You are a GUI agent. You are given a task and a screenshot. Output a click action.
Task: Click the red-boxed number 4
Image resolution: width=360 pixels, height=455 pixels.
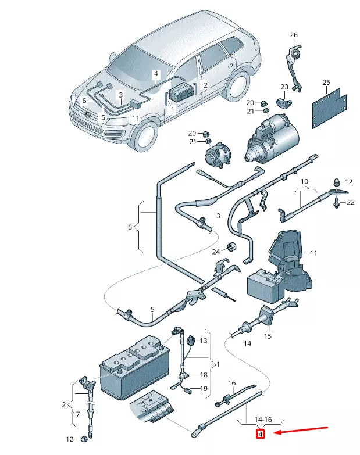pyautogui.click(x=260, y=433)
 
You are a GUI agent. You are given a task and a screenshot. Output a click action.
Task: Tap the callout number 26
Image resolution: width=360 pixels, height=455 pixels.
pyautogui.click(x=293, y=35)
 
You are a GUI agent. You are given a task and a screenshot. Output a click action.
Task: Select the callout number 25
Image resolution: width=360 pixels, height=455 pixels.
pyautogui.click(x=326, y=83)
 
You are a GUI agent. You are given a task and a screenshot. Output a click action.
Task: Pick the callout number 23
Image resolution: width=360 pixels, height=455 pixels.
pyautogui.click(x=284, y=87)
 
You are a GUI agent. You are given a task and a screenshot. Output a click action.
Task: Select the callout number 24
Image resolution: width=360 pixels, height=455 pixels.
pyautogui.click(x=216, y=252)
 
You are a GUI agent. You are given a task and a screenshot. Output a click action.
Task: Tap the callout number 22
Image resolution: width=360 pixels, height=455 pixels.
pyautogui.click(x=350, y=202)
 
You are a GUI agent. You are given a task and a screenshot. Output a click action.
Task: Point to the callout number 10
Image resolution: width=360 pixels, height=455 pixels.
pyautogui.click(x=304, y=182)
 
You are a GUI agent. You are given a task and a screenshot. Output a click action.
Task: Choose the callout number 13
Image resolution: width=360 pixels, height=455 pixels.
pyautogui.click(x=204, y=341)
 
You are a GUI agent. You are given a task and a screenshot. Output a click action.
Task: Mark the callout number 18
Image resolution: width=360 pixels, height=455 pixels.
pyautogui.click(x=204, y=375)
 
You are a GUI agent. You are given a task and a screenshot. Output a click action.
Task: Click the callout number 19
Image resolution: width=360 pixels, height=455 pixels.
pyautogui.click(x=204, y=388)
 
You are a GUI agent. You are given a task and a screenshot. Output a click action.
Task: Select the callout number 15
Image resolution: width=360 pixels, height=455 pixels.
pyautogui.click(x=268, y=336)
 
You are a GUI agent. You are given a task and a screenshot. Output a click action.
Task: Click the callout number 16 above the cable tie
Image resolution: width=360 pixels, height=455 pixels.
pyautogui.click(x=231, y=383)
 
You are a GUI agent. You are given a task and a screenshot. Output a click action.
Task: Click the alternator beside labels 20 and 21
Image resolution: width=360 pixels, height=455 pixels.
pyautogui.click(x=220, y=155)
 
